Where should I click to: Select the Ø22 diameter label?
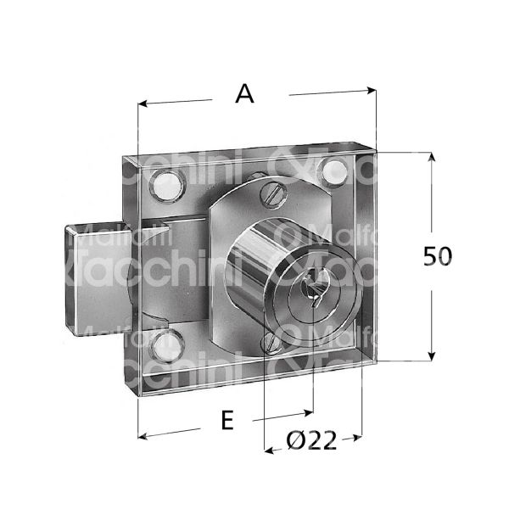pos(312,441)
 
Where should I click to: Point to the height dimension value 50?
pos(438,256)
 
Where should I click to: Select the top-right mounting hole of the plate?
pos(333,173)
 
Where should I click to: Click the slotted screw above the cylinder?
pos(272,193)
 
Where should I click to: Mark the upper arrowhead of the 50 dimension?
pos(432,158)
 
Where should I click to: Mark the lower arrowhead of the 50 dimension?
pos(432,356)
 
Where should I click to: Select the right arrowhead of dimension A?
pos(370,87)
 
